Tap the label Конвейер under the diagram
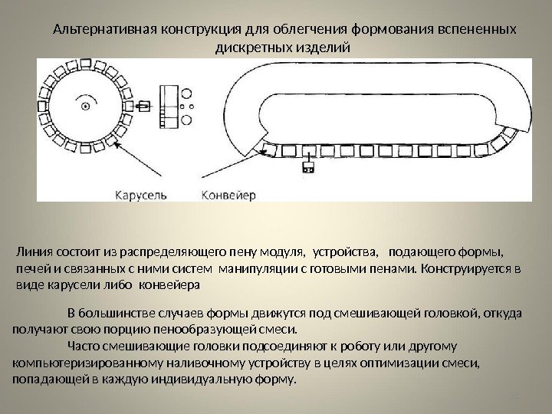click(x=229, y=194)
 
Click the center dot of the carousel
click(x=86, y=104)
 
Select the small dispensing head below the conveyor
click(x=309, y=166)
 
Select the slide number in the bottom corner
click(x=514, y=396)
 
